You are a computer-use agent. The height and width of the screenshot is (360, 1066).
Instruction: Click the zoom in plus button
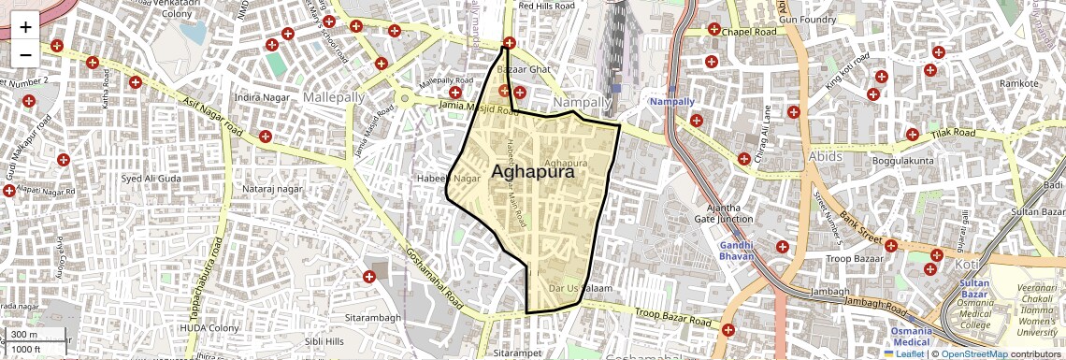point(25,27)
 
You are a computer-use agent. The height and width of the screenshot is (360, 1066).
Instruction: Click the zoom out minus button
point(25,54)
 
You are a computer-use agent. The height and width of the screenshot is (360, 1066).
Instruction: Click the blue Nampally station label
point(672,101)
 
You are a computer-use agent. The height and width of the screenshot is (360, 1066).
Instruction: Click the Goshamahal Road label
point(435,280)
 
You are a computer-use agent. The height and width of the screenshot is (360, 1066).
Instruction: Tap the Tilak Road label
point(954,135)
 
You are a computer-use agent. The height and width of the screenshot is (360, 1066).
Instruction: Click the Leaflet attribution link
point(904,353)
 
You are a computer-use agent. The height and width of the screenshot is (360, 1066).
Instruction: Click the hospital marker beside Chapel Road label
point(714,29)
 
